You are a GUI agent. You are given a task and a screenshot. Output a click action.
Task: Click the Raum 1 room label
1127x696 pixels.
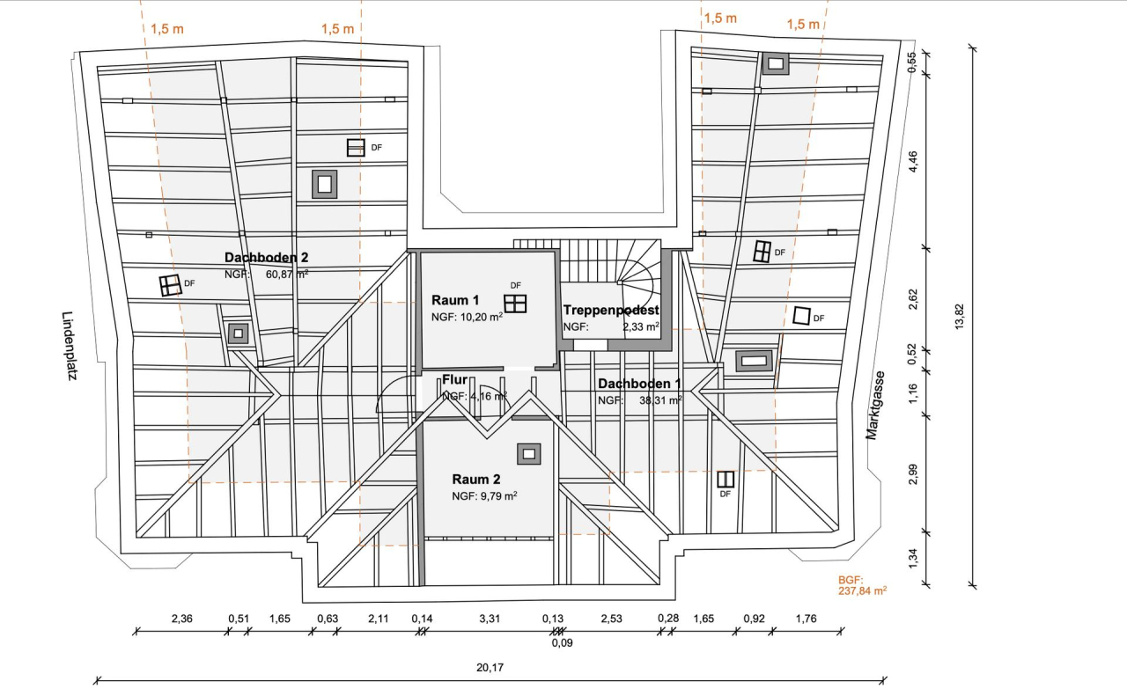pos(449,300)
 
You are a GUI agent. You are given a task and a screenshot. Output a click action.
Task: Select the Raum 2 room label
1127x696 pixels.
pos(476,480)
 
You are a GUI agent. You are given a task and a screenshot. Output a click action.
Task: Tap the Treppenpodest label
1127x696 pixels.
pos(611,310)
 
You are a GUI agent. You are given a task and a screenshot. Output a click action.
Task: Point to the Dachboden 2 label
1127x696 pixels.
pos(266,258)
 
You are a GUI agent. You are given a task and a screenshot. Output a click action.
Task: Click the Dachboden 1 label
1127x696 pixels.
pos(639,384)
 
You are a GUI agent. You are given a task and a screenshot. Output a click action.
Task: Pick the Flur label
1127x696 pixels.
pos(454,380)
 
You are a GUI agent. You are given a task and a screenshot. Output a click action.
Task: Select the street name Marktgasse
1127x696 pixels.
pos(875,405)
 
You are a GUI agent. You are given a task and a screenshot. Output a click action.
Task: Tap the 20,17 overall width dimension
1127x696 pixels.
pos(490,668)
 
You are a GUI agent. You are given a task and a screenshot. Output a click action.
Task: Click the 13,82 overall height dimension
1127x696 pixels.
pos(959,315)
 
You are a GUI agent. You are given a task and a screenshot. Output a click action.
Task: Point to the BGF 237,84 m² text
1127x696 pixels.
pos(862,586)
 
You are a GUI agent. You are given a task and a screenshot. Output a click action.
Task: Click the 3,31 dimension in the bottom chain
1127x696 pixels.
pos(490,619)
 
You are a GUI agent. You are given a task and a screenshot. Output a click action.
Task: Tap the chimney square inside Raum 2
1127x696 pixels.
pos(528,453)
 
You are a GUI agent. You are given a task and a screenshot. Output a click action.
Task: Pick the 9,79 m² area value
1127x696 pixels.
pos(497,496)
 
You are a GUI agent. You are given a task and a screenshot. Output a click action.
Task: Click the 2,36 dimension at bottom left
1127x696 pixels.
pos(182,619)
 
